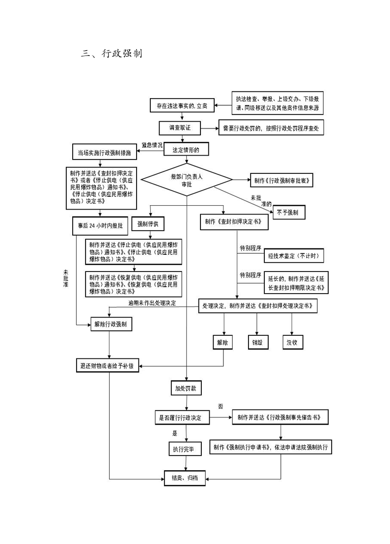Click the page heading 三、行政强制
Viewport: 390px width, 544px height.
click(x=111, y=54)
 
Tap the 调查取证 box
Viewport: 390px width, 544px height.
click(x=180, y=128)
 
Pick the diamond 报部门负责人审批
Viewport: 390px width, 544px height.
click(x=186, y=180)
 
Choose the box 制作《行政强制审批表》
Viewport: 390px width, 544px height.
click(x=281, y=180)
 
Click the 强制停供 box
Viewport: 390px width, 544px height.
click(x=151, y=223)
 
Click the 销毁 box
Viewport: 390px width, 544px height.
click(x=257, y=343)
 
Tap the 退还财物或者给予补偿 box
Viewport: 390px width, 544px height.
click(x=107, y=366)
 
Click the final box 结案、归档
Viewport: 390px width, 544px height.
click(x=185, y=477)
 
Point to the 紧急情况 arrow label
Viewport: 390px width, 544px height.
click(x=152, y=145)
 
